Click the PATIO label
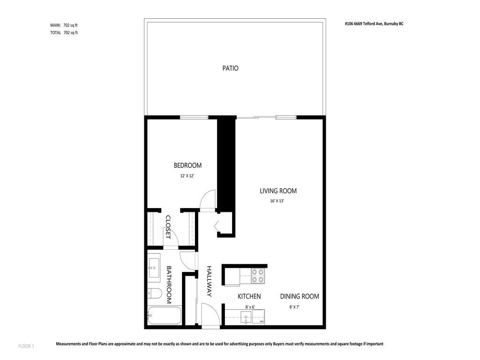click(230, 68)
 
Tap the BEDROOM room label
click(187, 165)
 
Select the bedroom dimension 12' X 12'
click(187, 176)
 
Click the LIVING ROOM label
click(278, 191)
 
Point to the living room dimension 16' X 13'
click(277, 201)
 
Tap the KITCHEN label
click(249, 296)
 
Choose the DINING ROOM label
click(300, 296)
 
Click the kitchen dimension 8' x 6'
click(250, 307)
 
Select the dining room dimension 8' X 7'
click(294, 307)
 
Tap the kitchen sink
click(247, 318)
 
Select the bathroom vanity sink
click(154, 267)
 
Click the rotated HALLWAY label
click(210, 281)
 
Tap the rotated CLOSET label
click(168, 227)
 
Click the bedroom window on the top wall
click(194, 117)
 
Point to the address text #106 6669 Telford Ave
click(374, 23)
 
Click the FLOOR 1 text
click(26, 346)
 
